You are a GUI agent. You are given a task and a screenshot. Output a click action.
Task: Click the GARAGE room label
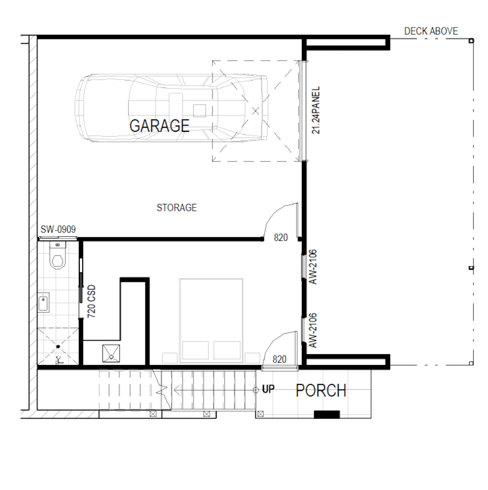point(159,126)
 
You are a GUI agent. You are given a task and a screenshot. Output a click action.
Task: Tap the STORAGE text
point(176,208)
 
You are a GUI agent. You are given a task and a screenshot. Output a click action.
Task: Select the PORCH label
point(321,390)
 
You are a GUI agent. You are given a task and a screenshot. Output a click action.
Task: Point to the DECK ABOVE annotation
point(431,31)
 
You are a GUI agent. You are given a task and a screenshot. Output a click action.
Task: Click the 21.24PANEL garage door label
point(315,110)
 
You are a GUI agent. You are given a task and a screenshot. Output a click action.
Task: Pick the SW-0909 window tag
point(58,229)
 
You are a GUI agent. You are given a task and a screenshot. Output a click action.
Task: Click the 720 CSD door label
point(91,301)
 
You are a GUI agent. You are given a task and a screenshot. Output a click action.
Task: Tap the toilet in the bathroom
point(58,255)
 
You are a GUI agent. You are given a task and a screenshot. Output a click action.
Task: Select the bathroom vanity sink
point(43,302)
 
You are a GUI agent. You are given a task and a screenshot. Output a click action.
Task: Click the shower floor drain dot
point(58,346)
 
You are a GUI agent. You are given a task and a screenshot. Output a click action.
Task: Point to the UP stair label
point(268,389)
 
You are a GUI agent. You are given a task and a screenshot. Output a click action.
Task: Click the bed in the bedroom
point(211,321)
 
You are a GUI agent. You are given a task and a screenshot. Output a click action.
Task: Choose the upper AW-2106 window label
point(313,267)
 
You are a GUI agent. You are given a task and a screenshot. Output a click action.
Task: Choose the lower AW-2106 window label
point(313,330)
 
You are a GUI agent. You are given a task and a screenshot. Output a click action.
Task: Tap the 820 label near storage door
point(281,237)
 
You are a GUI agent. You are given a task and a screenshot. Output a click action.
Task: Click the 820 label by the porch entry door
point(280,359)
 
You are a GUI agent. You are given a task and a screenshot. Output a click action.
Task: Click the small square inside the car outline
point(199,111)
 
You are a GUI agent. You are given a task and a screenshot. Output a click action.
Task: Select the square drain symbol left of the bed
point(111,354)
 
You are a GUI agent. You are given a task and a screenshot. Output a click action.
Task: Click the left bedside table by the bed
point(170,358)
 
